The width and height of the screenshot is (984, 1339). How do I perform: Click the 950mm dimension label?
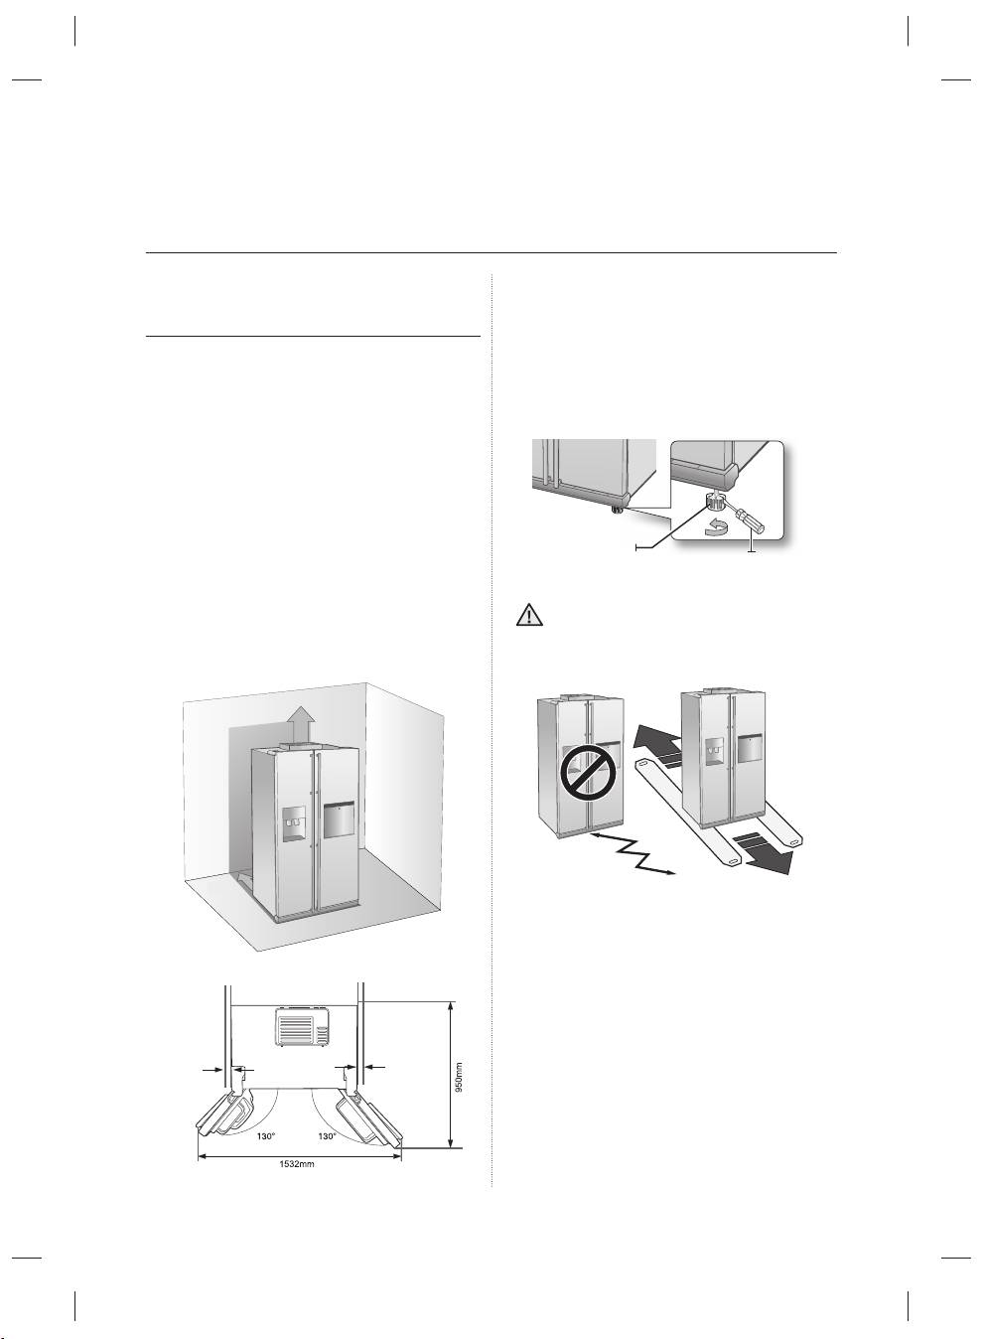[459, 1077]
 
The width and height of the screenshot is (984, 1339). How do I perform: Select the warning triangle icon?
[529, 616]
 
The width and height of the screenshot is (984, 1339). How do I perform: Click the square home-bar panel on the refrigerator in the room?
[339, 827]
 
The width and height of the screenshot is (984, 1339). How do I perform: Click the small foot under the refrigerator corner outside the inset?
[616, 510]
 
